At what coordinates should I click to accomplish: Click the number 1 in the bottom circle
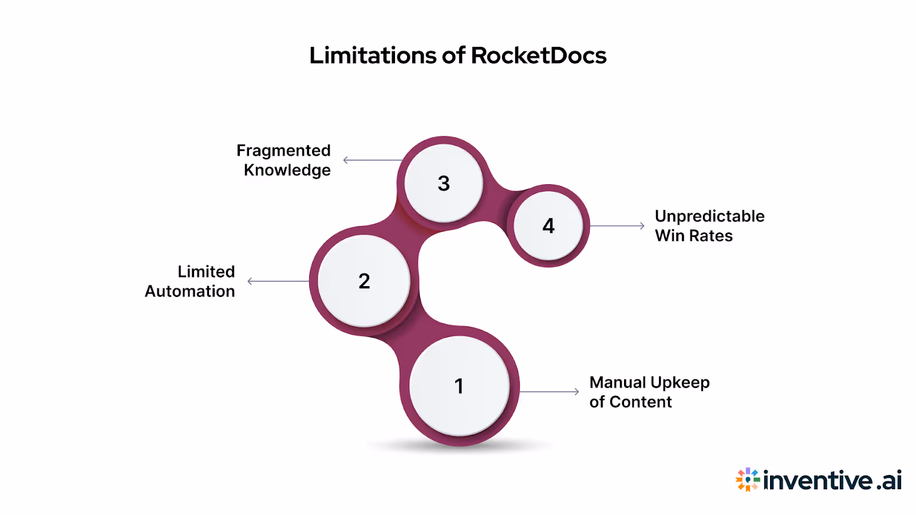459,386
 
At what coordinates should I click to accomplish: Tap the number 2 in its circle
364,281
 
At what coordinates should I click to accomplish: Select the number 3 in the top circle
444,184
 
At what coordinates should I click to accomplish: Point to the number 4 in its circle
548,226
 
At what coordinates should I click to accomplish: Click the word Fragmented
283,150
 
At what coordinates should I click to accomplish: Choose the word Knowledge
287,171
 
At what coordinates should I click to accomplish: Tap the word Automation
189,291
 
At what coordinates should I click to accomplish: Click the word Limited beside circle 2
206,272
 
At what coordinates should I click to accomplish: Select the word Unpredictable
709,216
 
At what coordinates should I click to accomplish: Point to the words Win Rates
693,236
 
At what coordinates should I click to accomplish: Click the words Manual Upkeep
649,382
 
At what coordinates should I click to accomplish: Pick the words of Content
630,402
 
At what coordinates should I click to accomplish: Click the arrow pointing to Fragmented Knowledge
372,160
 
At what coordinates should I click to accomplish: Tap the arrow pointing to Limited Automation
278,281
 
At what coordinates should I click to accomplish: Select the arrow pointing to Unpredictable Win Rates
617,226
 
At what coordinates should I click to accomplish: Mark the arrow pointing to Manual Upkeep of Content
550,392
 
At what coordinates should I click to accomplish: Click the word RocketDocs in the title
538,56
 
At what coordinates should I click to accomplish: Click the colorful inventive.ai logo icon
748,480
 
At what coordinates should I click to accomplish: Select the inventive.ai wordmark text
832,480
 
